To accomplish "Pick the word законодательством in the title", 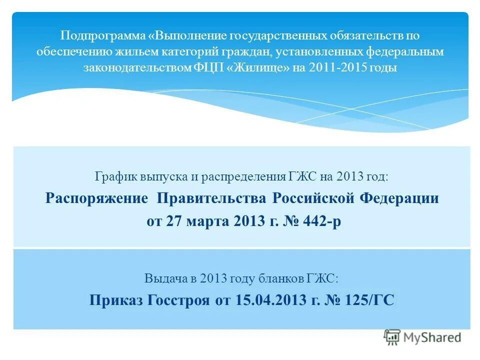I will pos(137,68).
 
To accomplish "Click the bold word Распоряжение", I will pos(97,198).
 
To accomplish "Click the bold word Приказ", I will pos(115,300).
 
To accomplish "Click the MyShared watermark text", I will pos(432,337).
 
